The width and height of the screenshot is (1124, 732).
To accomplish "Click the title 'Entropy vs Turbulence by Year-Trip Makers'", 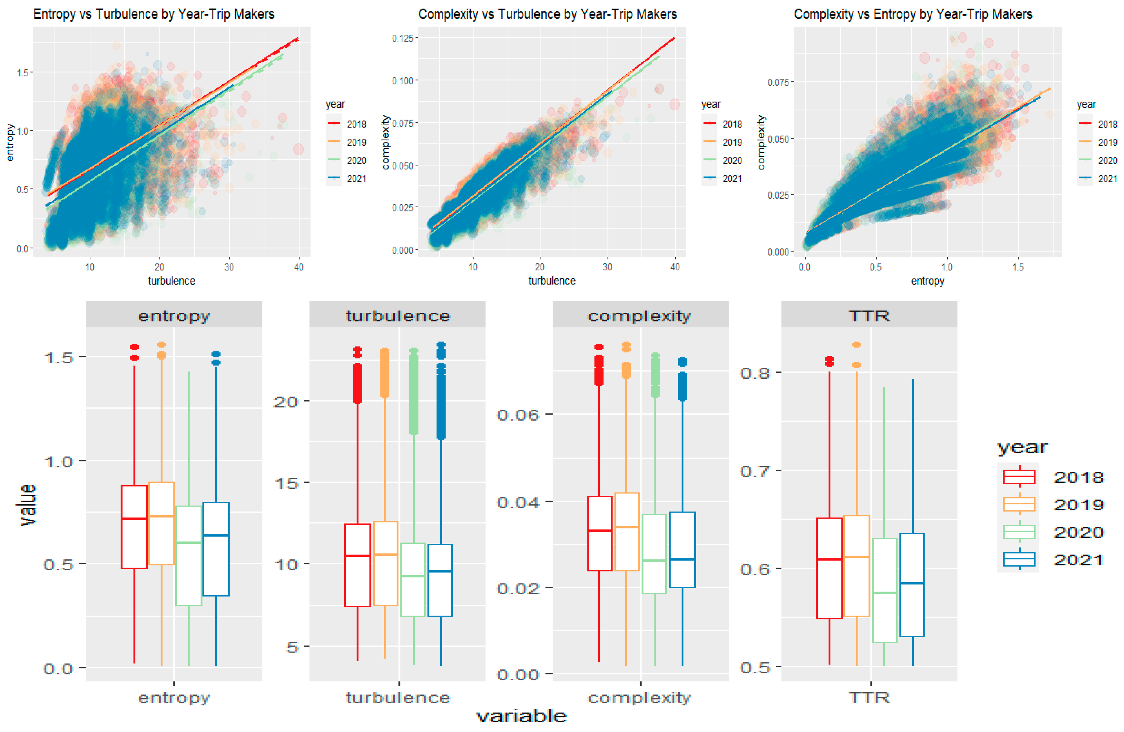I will click(x=154, y=14).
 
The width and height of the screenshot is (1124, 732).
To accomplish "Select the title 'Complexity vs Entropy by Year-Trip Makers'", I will click(x=912, y=14).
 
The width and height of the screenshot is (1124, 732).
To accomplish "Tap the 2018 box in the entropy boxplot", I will click(x=134, y=527).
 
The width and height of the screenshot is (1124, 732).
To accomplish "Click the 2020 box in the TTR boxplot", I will click(x=884, y=590).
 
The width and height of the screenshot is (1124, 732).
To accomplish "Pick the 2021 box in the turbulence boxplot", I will click(x=440, y=580).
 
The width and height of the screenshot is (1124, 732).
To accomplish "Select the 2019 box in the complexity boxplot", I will click(x=627, y=531).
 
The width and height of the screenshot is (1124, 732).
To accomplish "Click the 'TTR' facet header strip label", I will click(x=869, y=315).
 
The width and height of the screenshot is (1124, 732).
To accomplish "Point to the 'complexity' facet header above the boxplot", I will click(x=640, y=315).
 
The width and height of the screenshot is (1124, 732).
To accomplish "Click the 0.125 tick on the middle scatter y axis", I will click(x=402, y=38).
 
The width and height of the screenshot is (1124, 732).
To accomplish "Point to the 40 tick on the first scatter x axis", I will click(x=298, y=267).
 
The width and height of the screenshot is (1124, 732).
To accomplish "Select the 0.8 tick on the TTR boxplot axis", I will click(x=755, y=373).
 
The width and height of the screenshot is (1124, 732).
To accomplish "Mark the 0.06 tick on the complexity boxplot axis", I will click(x=518, y=415).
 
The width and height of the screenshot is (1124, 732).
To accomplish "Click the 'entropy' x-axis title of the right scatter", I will click(x=927, y=281).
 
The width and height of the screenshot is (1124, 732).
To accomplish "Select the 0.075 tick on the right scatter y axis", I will click(x=778, y=82).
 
